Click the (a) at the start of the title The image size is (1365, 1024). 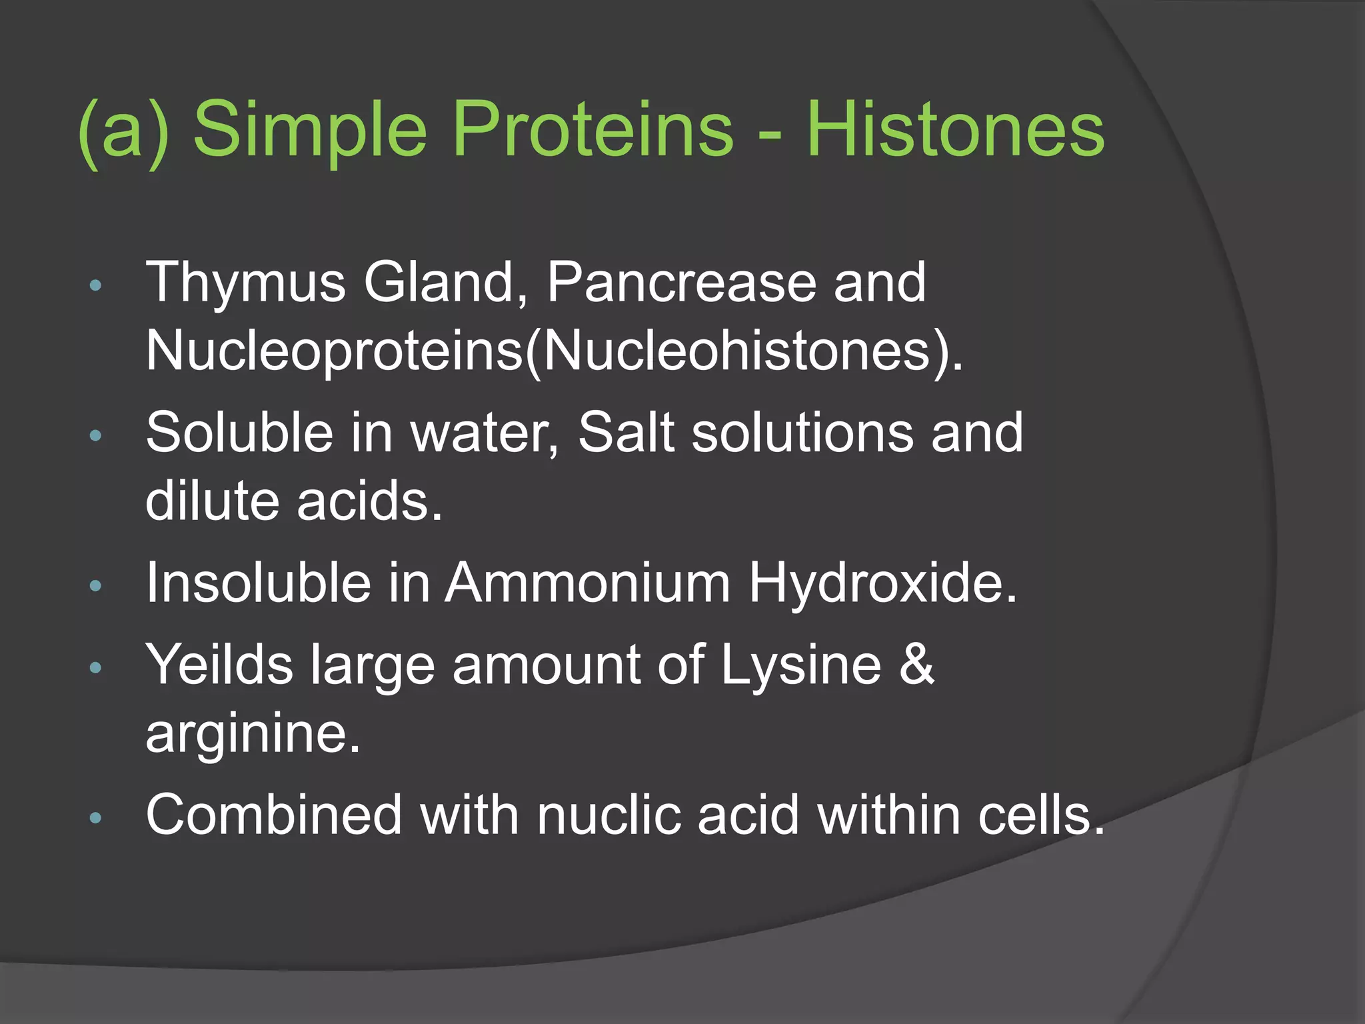124,130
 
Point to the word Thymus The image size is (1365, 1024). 246,283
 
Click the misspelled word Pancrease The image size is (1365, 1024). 682,283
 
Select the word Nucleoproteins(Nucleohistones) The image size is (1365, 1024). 554,351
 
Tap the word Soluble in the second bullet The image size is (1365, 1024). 239,433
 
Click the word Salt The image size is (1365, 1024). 626,433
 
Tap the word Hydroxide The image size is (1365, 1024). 883,583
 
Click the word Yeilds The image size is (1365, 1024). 219,665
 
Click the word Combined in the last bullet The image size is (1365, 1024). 274,815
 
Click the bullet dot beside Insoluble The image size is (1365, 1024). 95,586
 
